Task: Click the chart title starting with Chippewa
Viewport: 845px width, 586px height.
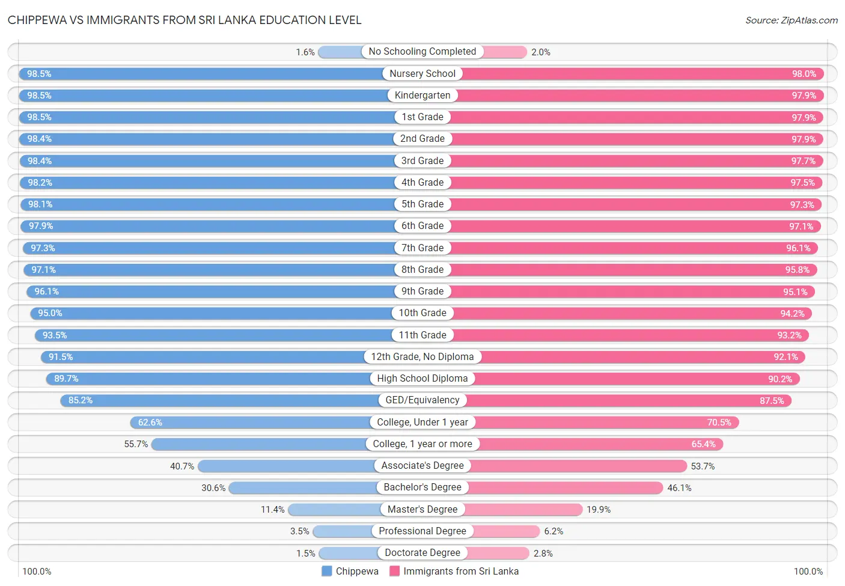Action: click(185, 20)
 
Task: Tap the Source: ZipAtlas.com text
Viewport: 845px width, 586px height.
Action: click(791, 20)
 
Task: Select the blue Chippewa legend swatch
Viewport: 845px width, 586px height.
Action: click(327, 571)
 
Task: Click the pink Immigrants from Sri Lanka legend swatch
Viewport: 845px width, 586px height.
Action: click(395, 571)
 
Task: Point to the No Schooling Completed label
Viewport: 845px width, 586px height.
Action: click(422, 52)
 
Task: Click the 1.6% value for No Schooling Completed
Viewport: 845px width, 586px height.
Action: click(305, 52)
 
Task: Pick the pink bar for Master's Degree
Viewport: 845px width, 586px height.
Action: click(523, 510)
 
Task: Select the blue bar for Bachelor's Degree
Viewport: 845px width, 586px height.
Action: click(303, 487)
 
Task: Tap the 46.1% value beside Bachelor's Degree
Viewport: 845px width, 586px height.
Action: click(679, 488)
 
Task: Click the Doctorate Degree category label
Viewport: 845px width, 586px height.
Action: click(422, 553)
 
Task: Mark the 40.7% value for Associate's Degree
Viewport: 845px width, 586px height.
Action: click(182, 466)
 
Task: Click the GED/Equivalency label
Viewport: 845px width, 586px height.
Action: click(422, 400)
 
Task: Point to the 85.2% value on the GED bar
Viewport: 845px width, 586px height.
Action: click(81, 400)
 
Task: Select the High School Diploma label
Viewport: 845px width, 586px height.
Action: click(422, 379)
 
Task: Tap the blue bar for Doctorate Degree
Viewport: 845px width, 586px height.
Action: click(349, 553)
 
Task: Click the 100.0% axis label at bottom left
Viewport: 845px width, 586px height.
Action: click(37, 571)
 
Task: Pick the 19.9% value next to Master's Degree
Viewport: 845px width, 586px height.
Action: click(599, 510)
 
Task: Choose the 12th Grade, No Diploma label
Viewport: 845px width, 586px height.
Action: click(422, 357)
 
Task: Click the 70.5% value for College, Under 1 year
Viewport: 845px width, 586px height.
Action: click(719, 423)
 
